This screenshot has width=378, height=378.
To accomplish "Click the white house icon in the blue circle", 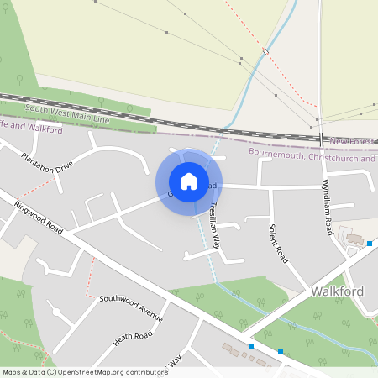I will pyautogui.click(x=189, y=181).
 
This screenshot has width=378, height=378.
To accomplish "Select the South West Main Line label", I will pyautogui.click(x=68, y=113).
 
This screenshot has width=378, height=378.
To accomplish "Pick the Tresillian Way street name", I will pyautogui.click(x=215, y=225).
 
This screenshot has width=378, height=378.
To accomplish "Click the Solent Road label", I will pyautogui.click(x=278, y=244).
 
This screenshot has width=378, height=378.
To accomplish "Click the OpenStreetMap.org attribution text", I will pyautogui.click(x=92, y=371).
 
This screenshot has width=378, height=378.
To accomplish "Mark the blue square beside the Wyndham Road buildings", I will pyautogui.click(x=369, y=244).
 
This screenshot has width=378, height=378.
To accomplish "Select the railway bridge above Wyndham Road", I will pyautogui.click(x=321, y=138).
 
